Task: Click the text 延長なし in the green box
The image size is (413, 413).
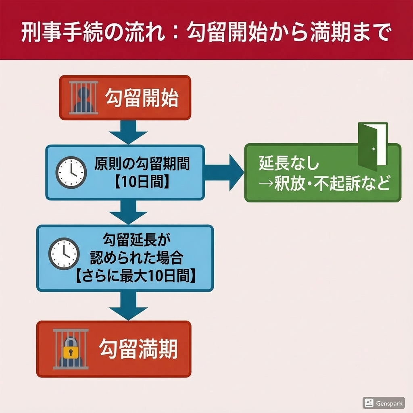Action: coord(289,164)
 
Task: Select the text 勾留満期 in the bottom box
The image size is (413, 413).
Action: coord(138,349)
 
